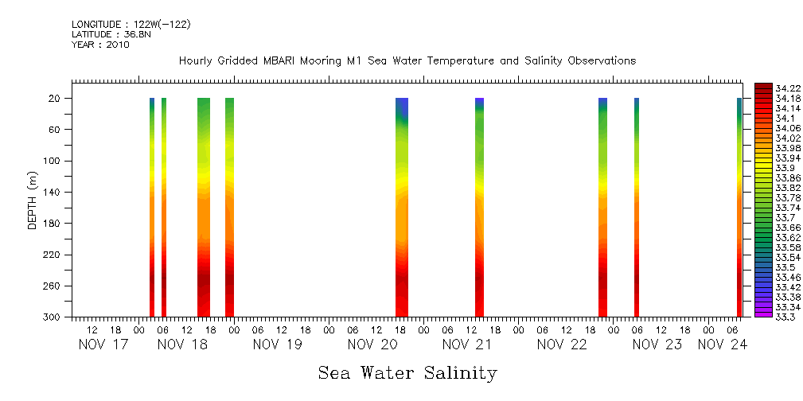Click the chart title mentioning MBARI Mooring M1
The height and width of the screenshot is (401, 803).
coord(407,61)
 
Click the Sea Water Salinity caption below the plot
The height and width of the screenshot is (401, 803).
coord(407,372)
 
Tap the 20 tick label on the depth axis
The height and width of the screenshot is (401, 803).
coord(56,99)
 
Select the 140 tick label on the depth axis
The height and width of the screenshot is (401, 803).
coord(53,193)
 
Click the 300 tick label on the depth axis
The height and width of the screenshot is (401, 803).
coord(53,317)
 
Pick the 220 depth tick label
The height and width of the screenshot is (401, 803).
coord(53,255)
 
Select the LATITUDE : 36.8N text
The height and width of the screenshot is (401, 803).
coord(110,35)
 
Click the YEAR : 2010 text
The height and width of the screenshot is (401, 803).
coord(99,45)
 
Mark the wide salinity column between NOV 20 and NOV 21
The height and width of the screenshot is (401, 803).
coord(402,207)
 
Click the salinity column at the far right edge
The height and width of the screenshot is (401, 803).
coord(739,207)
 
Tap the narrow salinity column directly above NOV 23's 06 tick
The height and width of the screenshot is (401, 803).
coord(637,207)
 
